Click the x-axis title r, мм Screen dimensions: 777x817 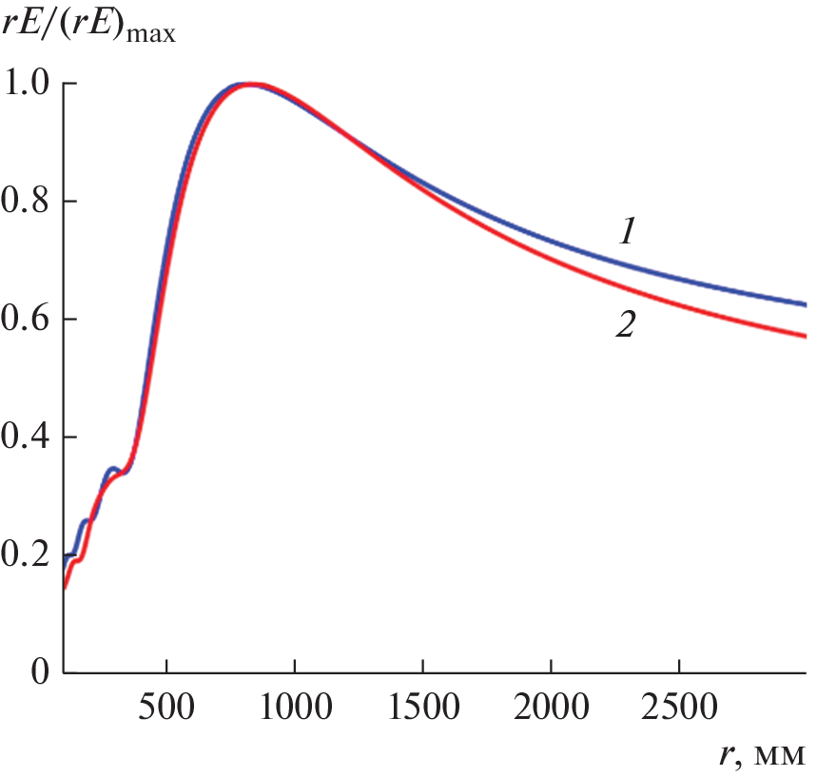click(762, 755)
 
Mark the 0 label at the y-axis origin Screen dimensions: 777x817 click(38, 672)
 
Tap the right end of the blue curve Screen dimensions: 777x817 click(806, 305)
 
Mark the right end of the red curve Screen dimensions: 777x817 click(806, 336)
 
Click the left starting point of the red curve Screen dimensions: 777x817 click(65, 588)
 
